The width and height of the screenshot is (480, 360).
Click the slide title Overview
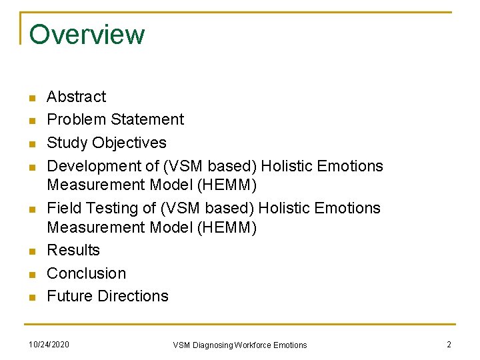click(87, 35)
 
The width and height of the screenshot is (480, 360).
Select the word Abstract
click(76, 97)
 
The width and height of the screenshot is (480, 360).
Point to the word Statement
click(147, 120)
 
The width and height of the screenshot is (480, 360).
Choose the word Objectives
click(129, 143)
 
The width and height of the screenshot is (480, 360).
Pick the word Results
click(73, 251)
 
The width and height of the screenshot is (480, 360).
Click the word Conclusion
click(86, 273)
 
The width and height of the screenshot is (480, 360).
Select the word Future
click(69, 296)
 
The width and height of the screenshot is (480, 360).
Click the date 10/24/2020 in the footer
click(49, 344)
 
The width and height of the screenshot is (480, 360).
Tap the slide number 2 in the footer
click(449, 344)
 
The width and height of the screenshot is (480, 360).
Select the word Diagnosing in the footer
click(212, 345)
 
